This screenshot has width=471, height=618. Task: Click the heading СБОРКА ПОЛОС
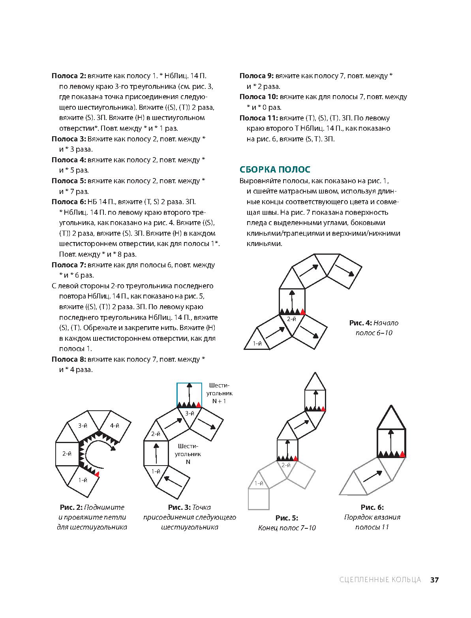coord(275,169)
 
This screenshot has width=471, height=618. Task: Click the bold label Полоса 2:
coord(69,76)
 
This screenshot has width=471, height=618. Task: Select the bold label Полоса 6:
coord(69,202)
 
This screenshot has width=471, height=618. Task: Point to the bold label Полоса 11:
coord(259,118)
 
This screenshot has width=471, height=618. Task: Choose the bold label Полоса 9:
coord(257,76)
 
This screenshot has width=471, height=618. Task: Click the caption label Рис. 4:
coord(360,323)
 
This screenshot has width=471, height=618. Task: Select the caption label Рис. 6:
coord(372,507)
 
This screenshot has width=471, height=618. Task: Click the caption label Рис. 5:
coord(287,518)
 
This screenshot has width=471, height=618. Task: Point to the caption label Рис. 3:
coord(179,507)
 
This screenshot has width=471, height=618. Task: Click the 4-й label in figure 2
coord(114,425)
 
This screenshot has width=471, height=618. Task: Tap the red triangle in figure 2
coord(97,473)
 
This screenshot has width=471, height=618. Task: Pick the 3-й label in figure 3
coord(190,413)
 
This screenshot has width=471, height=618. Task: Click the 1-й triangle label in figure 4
coord(257,344)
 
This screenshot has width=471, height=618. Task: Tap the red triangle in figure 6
coord(403,454)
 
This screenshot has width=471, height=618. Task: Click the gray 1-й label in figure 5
coord(259,483)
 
